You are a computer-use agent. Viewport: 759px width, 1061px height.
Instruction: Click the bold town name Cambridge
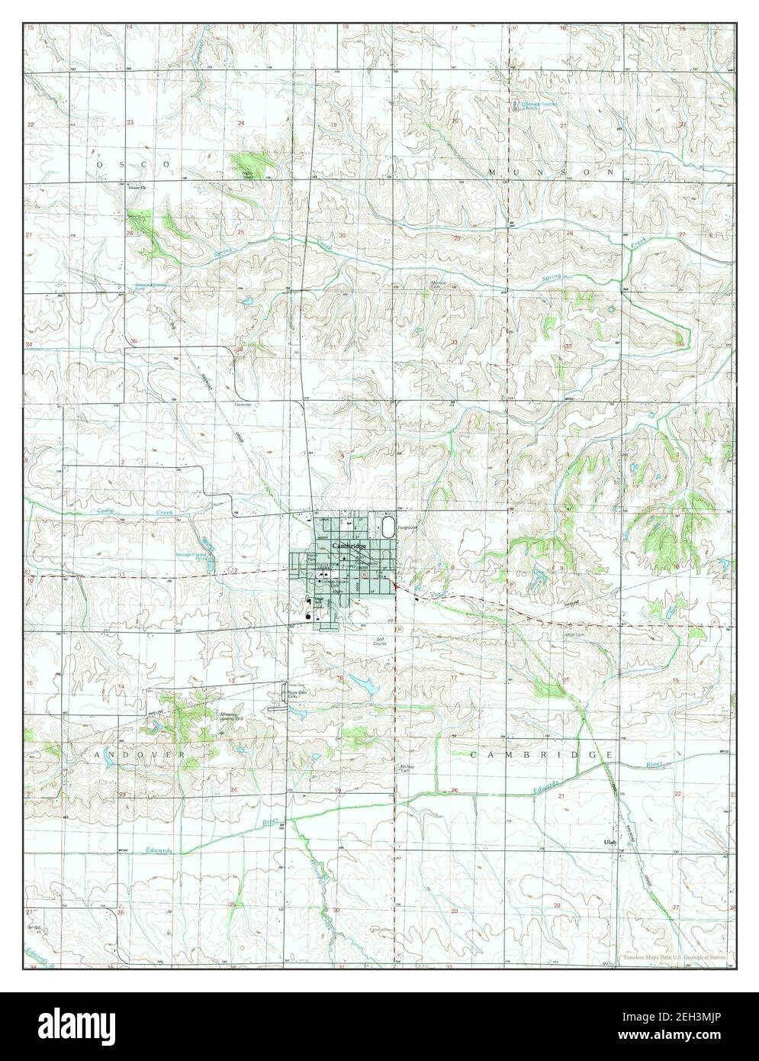(349, 546)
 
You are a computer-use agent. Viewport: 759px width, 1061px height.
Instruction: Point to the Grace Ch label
(136, 186)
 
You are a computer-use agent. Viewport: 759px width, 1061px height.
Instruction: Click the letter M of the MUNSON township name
(494, 173)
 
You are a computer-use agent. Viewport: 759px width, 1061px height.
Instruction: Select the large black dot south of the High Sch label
(308, 616)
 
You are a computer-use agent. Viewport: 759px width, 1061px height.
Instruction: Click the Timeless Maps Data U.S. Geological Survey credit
(671, 956)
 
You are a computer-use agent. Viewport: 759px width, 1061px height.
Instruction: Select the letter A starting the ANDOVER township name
(99, 754)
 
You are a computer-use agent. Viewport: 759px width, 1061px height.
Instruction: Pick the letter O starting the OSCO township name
(101, 164)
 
